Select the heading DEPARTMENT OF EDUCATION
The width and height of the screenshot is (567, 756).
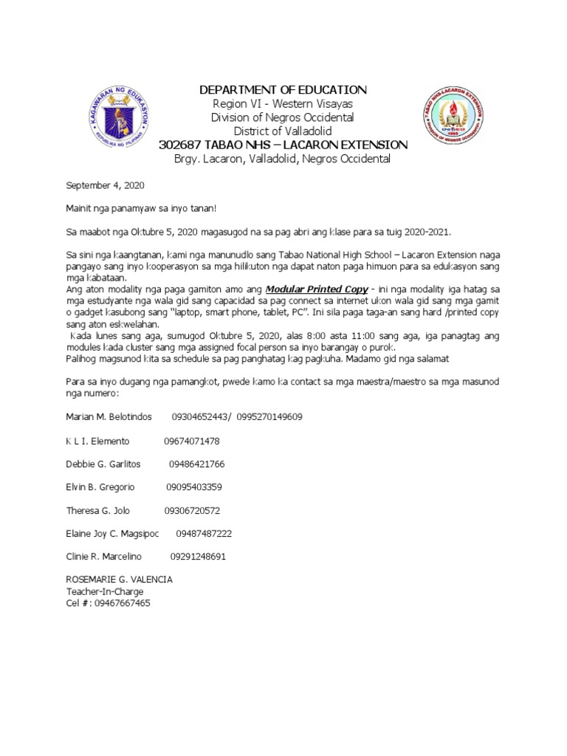pyautogui.click(x=283, y=89)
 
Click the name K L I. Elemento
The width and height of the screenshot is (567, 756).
pyautogui.click(x=97, y=441)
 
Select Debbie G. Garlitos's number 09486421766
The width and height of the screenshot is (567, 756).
pyautogui.click(x=196, y=464)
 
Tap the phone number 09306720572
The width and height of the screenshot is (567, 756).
pyautogui.click(x=192, y=510)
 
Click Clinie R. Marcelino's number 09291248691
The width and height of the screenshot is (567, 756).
pyautogui.click(x=198, y=556)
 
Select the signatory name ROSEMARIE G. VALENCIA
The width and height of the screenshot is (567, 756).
pyautogui.click(x=120, y=580)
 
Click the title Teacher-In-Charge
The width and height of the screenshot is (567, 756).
pyautogui.click(x=105, y=591)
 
